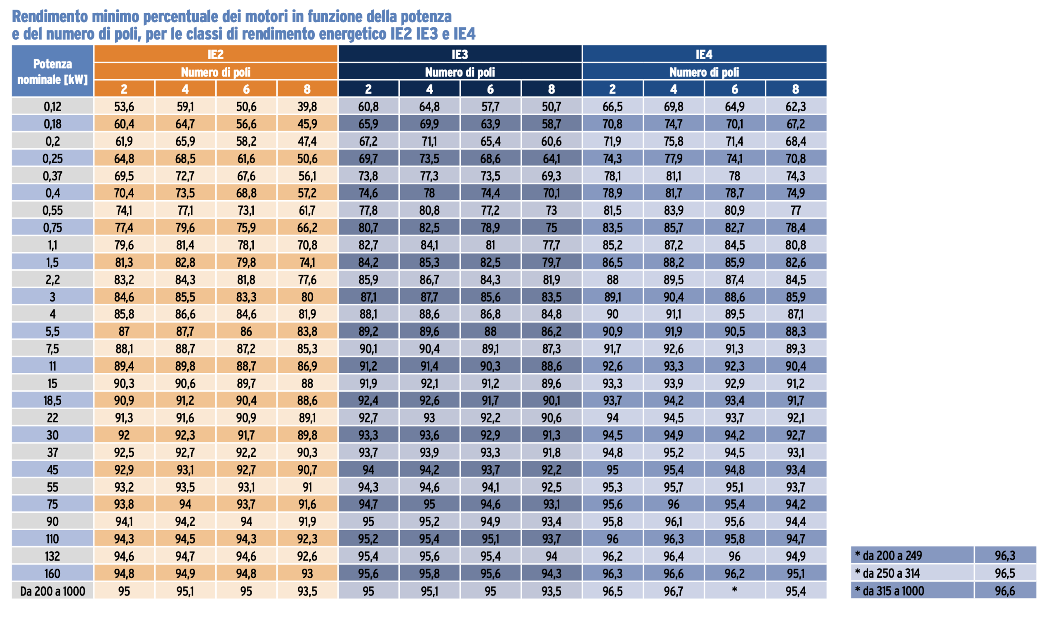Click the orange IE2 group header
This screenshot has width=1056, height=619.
[x=215, y=54]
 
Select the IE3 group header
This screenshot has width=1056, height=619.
[x=460, y=54]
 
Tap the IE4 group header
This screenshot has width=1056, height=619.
[x=704, y=54]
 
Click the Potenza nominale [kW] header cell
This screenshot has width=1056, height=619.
[x=52, y=71]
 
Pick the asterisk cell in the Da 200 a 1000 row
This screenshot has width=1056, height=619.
[x=734, y=591]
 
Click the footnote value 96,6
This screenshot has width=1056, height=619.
[x=1004, y=591]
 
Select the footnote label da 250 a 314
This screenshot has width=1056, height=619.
[x=891, y=573]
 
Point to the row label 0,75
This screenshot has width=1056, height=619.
[x=52, y=228]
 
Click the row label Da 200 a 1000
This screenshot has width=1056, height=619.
[x=52, y=591]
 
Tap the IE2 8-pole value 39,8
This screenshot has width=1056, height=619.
[x=307, y=107]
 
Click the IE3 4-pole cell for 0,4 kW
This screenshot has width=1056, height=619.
[x=429, y=193]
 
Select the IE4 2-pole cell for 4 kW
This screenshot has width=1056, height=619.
[x=612, y=314]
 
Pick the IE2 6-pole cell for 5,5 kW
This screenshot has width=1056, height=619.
[x=246, y=331]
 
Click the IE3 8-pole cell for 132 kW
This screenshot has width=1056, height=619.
[x=551, y=556]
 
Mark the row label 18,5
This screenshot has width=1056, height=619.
[x=52, y=401]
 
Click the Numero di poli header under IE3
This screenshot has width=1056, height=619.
[x=460, y=72]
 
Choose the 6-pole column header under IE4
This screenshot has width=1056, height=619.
[x=734, y=89]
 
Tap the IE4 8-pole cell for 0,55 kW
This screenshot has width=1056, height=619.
[x=795, y=210]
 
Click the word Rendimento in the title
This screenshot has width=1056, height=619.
[x=50, y=17]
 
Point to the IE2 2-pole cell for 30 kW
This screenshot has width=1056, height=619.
[x=124, y=435]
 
